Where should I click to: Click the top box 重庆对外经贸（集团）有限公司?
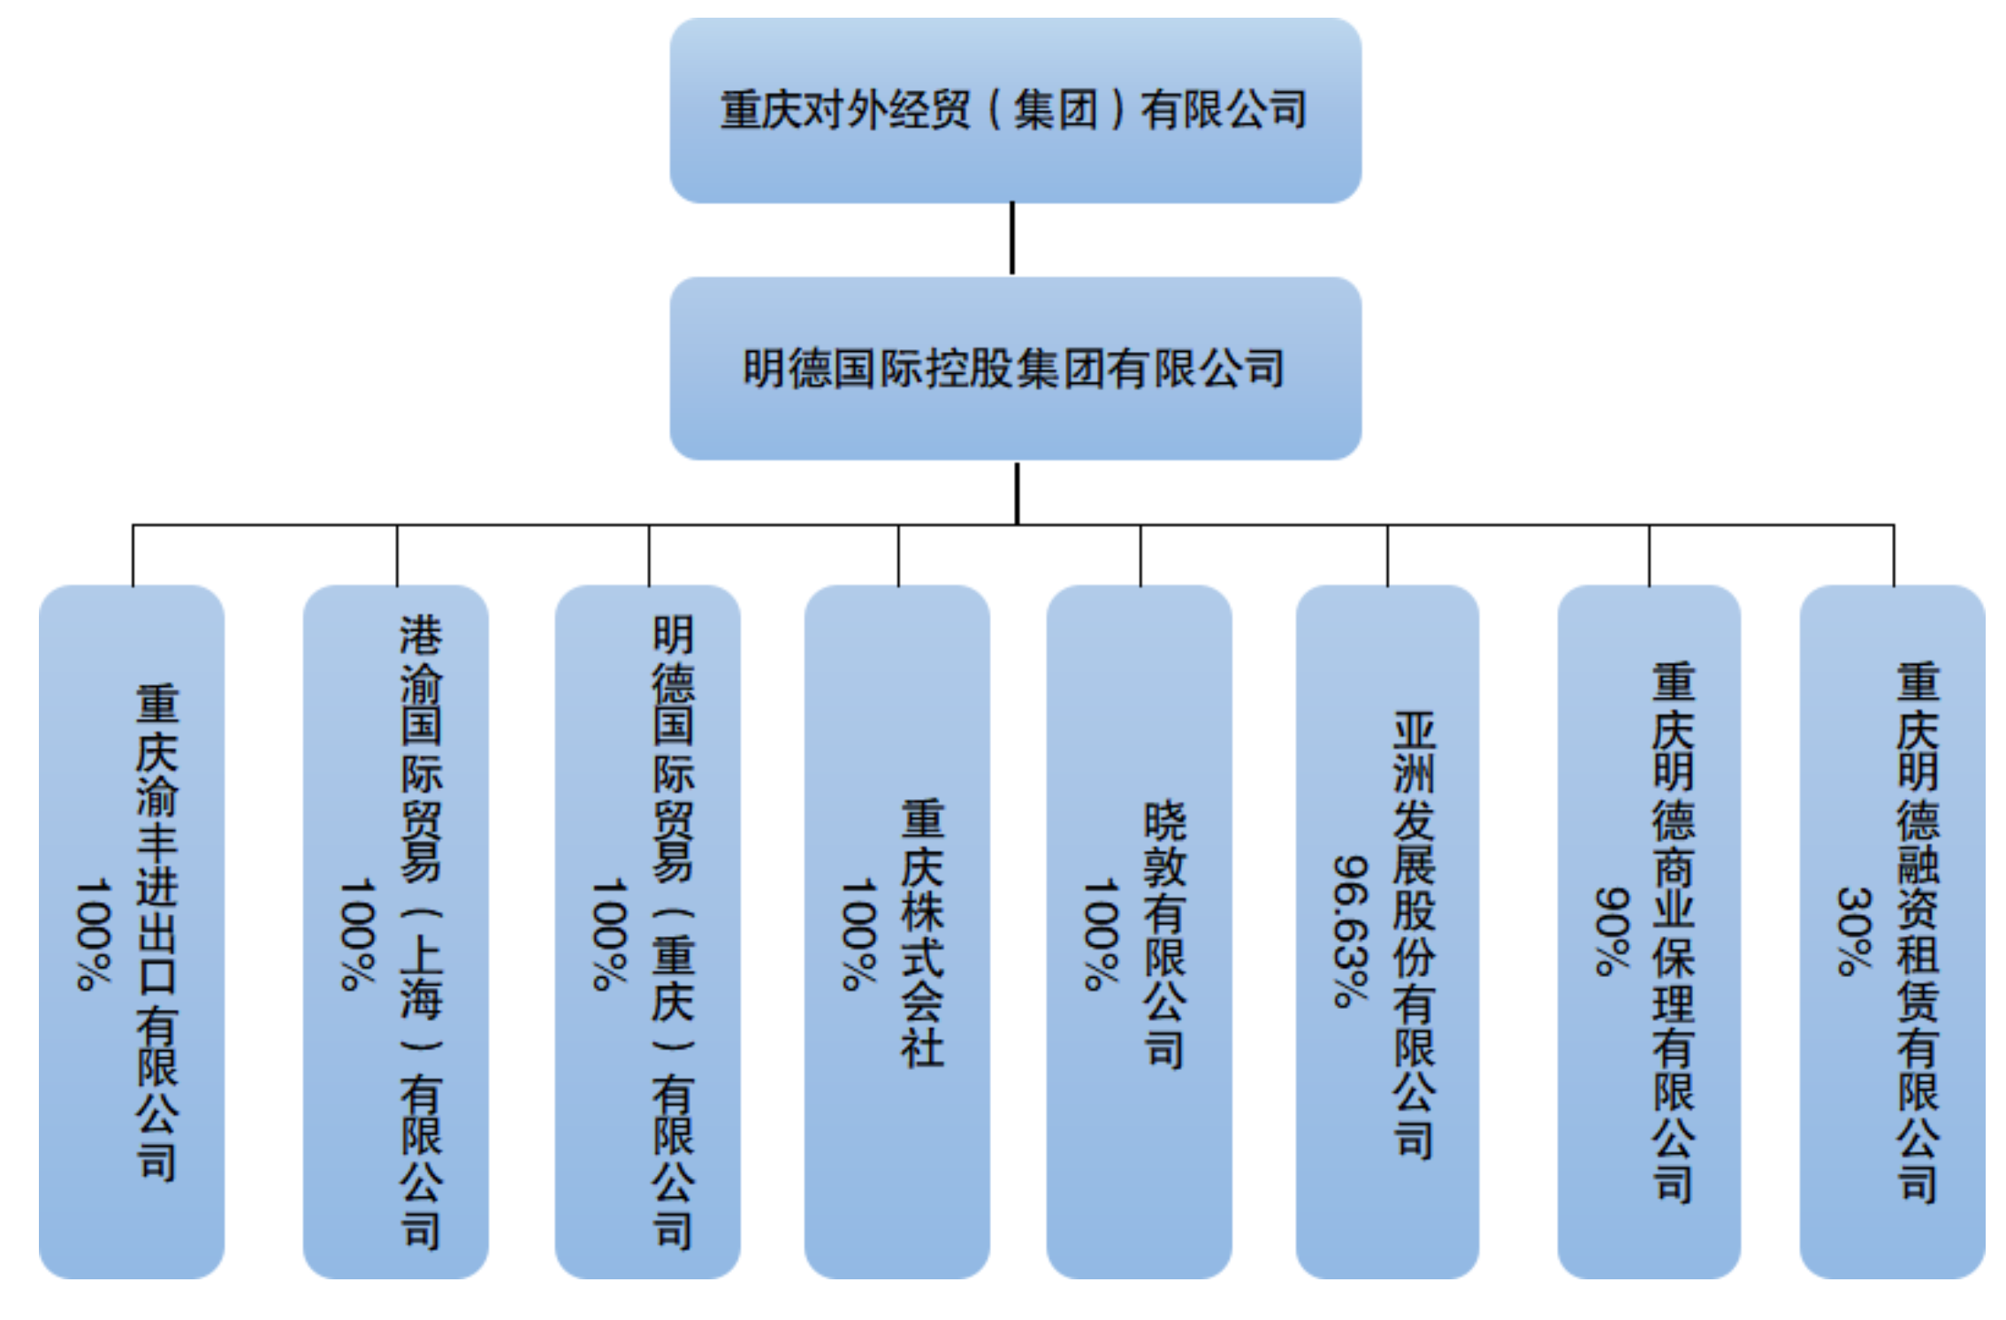(1014, 111)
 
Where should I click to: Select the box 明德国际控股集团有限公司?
(1014, 368)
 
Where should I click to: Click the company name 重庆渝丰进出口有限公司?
(157, 932)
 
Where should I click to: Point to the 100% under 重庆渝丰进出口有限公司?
(94, 934)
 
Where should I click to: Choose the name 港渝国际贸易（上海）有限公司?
(421, 932)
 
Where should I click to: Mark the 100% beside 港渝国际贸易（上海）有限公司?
(358, 934)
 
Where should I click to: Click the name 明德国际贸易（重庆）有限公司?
(673, 932)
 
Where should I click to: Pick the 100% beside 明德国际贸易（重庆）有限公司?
(609, 934)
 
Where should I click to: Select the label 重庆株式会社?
(923, 932)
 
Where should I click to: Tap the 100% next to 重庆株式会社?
(858, 934)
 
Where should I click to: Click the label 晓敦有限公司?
(1165, 934)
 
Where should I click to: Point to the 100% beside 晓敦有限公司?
(1102, 934)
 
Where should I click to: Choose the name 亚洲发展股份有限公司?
(1415, 934)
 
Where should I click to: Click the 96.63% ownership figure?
(1351, 932)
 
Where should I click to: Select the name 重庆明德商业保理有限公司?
(1674, 932)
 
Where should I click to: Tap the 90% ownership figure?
(1612, 932)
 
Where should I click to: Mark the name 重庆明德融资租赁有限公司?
(1918, 932)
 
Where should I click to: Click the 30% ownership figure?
(1854, 932)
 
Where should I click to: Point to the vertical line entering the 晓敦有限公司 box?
(1140, 555)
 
